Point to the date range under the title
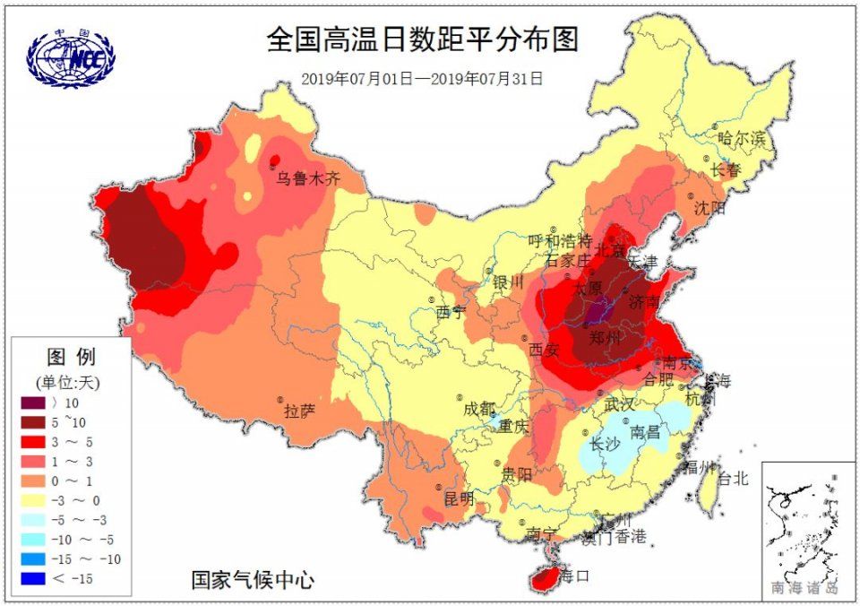coord(422,78)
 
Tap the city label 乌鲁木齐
coord(308,179)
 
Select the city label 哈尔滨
coord(743,139)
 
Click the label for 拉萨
coord(299,411)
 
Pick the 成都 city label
coord(478,409)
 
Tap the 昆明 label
coord(460,498)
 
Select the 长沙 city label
coord(605,445)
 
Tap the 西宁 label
coord(451,313)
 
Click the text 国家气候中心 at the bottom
coord(253,580)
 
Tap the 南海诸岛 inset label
coord(804,589)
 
